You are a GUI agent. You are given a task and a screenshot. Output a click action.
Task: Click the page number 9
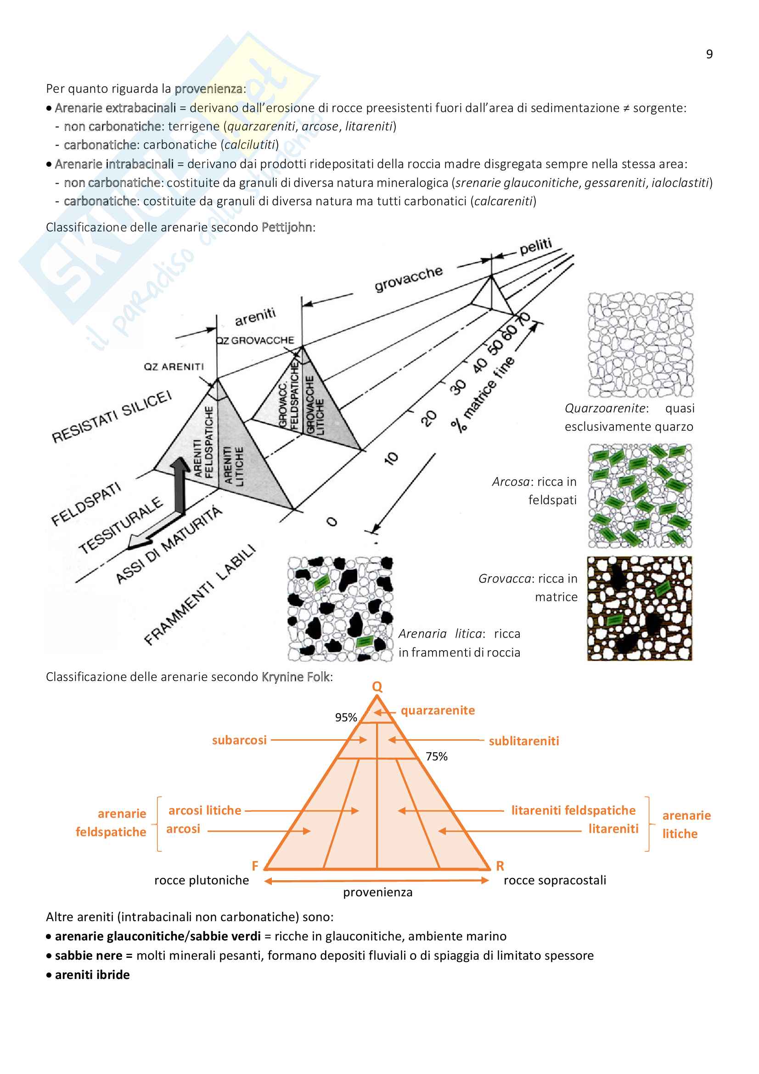(x=709, y=54)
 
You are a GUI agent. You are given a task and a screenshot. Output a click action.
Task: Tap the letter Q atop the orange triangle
(x=377, y=686)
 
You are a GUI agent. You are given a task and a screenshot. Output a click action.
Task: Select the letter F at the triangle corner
(x=255, y=866)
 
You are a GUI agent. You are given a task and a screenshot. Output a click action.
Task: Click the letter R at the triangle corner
(x=500, y=866)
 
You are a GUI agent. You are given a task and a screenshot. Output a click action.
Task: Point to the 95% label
(x=346, y=717)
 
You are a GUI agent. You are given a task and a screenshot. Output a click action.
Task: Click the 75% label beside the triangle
(x=436, y=756)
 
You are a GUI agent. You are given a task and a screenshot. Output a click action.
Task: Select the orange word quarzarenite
(x=438, y=710)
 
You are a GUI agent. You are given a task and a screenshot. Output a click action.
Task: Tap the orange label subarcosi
(x=239, y=740)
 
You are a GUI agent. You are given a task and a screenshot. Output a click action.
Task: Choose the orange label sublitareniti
(x=524, y=741)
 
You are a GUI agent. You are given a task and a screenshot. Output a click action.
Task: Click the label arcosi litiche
(x=205, y=810)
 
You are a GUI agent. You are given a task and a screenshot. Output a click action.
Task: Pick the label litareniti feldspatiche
(x=573, y=810)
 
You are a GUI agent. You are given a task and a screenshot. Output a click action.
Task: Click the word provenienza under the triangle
(x=378, y=892)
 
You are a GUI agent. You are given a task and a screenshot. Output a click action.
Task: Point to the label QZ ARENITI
(x=174, y=367)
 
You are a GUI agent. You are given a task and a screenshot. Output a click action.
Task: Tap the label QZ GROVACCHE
(x=255, y=341)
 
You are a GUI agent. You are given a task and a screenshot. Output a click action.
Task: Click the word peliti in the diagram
(x=535, y=246)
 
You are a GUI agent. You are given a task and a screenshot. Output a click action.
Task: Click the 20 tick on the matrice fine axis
(x=428, y=418)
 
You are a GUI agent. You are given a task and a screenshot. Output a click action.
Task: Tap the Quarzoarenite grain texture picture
(x=640, y=345)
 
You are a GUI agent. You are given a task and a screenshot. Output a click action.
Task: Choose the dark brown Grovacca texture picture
(x=639, y=608)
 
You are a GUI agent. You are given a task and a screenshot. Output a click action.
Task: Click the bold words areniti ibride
(x=92, y=974)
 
